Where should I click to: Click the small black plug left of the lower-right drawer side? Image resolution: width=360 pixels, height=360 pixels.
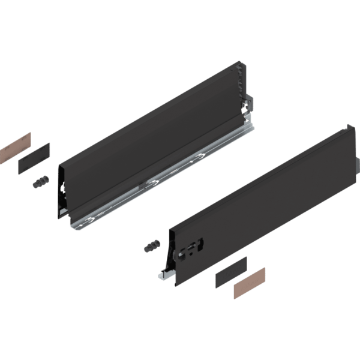[151, 245]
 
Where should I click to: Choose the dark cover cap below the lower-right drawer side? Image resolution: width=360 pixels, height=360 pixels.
[231, 271]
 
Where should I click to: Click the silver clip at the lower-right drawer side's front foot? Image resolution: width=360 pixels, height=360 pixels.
[163, 276]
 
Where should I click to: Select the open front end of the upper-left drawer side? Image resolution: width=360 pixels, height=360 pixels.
[63, 192]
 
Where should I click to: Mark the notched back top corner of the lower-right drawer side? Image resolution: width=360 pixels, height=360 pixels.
[349, 130]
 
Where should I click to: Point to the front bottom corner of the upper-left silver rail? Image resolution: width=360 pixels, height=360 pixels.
[73, 227]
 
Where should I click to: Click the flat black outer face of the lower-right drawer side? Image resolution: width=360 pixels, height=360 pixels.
[264, 198]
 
